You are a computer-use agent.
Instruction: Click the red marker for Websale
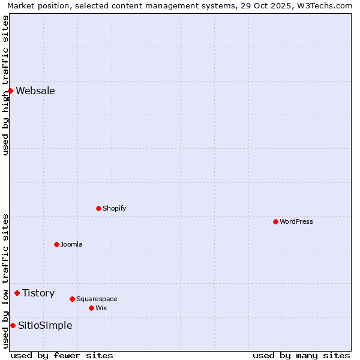tap(11, 91)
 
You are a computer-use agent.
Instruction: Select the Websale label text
tap(35, 91)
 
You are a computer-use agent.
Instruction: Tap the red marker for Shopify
tap(99, 209)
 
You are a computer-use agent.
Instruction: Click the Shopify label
tap(114, 209)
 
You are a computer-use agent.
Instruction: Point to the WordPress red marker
tap(276, 222)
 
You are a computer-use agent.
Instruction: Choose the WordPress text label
tap(296, 222)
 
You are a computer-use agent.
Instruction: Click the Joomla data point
tap(57, 245)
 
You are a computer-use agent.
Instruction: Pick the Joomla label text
tap(71, 245)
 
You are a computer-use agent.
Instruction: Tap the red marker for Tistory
tap(17, 293)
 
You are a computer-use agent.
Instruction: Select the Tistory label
tap(38, 293)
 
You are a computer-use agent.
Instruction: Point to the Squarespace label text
tap(97, 299)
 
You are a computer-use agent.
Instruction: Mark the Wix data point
tap(92, 308)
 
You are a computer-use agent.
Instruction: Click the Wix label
tap(101, 308)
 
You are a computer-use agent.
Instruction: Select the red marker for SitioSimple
tap(13, 326)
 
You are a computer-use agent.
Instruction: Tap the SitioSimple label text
tap(45, 326)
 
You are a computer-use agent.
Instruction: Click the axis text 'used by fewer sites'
tap(62, 355)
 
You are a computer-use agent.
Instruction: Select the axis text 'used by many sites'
tap(301, 355)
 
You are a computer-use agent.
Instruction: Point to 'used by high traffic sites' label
tap(6, 85)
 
